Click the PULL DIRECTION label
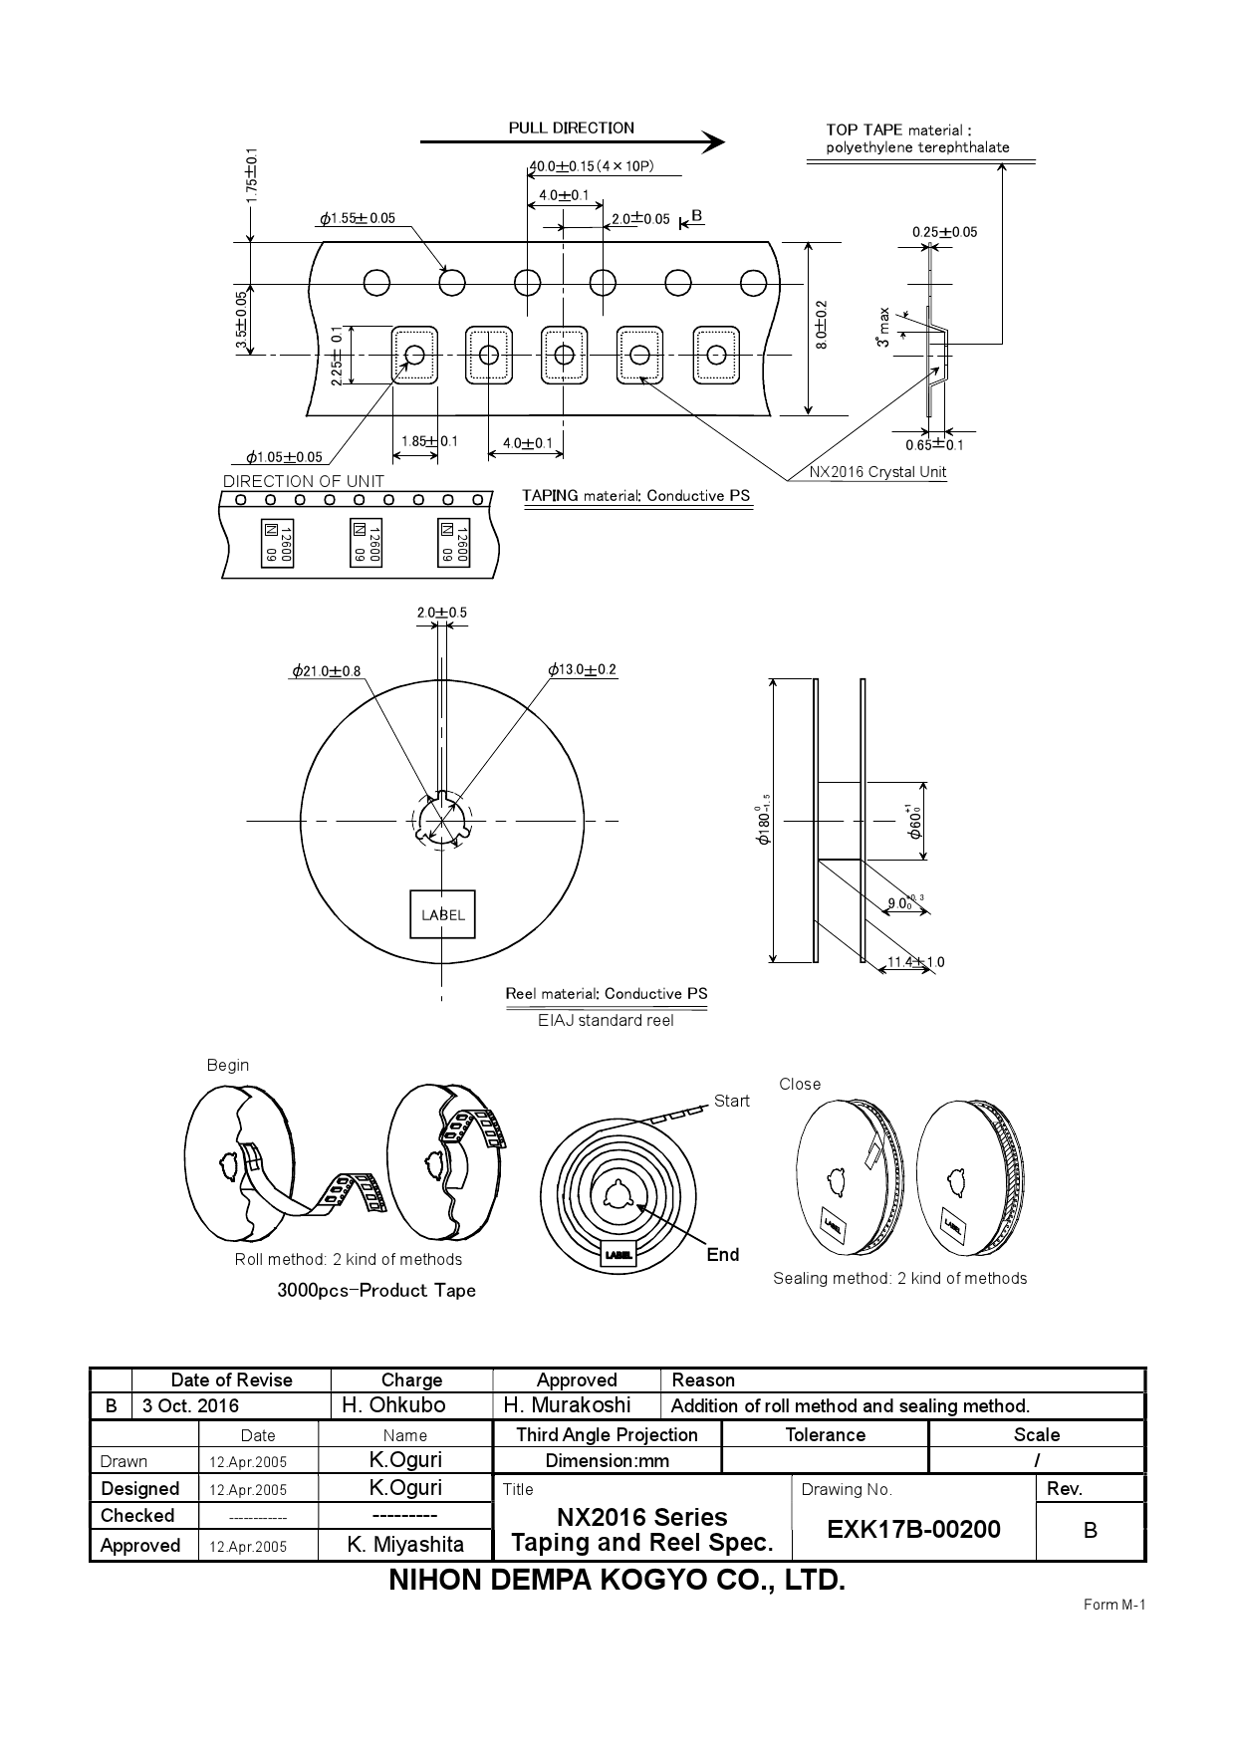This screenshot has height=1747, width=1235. [x=571, y=127]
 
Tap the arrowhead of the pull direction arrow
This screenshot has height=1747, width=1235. [x=713, y=142]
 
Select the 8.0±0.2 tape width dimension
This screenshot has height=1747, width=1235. [x=822, y=325]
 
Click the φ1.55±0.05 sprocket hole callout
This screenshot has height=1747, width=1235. [x=358, y=218]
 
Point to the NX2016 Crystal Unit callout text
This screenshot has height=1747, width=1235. [x=877, y=472]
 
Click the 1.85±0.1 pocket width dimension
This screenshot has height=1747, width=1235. [x=429, y=441]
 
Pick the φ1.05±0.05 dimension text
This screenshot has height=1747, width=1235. [x=285, y=457]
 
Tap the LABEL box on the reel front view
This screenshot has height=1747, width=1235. [x=442, y=914]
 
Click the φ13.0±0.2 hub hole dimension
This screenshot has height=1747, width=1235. [x=583, y=669]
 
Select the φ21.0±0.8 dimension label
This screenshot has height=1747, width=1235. [x=327, y=671]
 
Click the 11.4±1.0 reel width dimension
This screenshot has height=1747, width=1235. [x=915, y=962]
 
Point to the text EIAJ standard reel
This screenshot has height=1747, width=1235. [x=606, y=1020]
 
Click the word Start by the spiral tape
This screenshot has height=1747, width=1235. [x=731, y=1101]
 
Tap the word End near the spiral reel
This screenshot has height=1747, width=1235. [x=722, y=1254]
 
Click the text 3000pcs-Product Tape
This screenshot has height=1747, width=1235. [x=376, y=1290]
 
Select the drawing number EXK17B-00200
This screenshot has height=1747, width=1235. [x=913, y=1529]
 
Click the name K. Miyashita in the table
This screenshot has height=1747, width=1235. [x=405, y=1544]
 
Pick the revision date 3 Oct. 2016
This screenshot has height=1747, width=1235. [x=190, y=1405]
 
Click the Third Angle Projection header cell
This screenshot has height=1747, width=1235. [x=607, y=1434]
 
